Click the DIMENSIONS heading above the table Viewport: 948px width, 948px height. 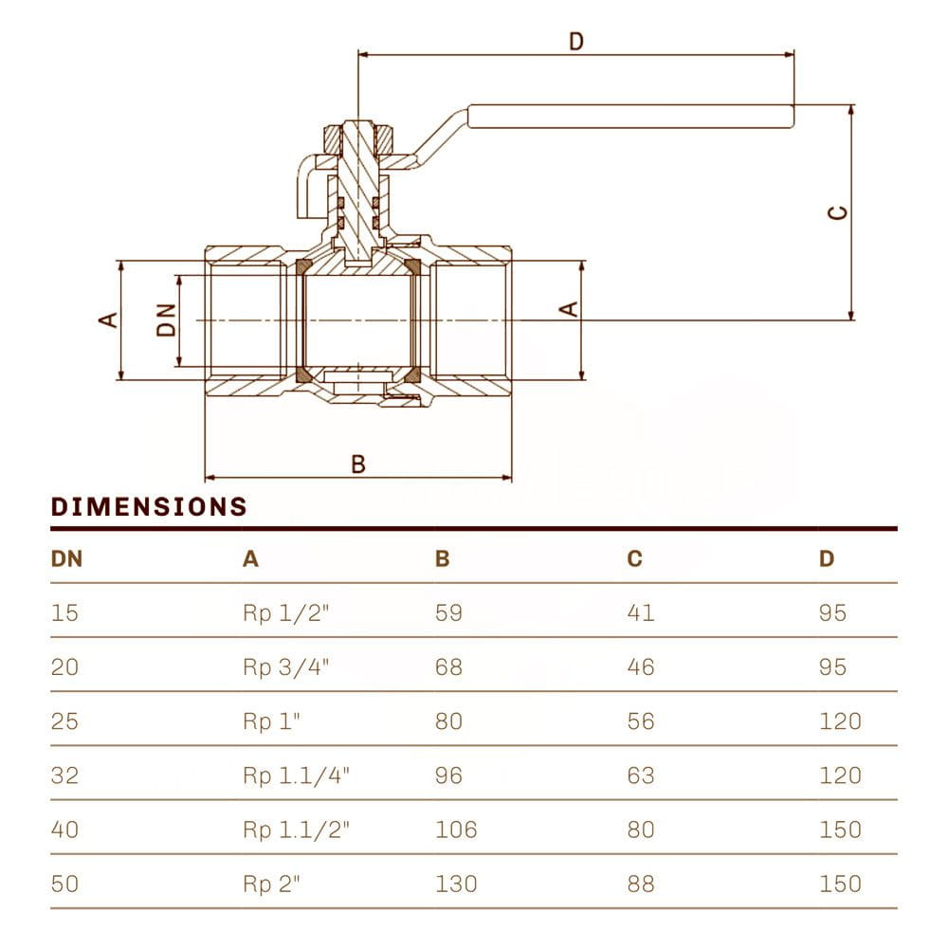click(149, 507)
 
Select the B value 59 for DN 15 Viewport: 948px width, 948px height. click(448, 612)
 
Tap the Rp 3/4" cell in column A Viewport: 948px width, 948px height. click(286, 666)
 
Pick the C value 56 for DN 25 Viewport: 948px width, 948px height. click(641, 721)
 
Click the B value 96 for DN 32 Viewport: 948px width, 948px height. click(448, 775)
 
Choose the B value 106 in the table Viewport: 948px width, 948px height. click(456, 829)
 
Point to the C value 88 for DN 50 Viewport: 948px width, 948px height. click(641, 884)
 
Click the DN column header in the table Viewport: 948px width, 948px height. click(66, 559)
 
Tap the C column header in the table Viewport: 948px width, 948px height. click(634, 559)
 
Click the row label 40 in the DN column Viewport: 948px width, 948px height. click(64, 829)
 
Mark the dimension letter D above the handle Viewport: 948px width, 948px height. click(575, 42)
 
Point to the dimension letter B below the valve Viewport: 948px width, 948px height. click(358, 465)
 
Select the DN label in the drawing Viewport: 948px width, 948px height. click(166, 320)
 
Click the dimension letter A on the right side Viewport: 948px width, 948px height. click(568, 308)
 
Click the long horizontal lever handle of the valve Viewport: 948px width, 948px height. click(630, 116)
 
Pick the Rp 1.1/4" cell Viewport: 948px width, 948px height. click(297, 775)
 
